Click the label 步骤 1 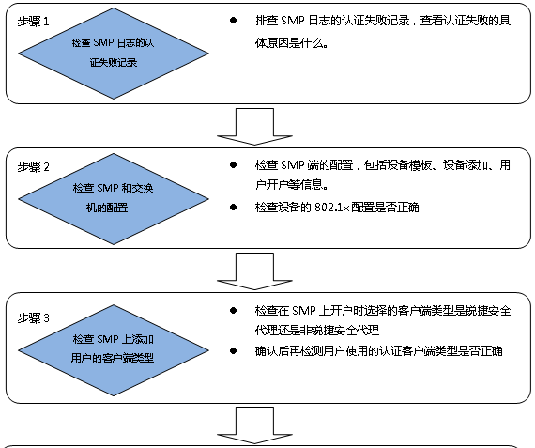coord(33,22)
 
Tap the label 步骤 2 coord(33,167)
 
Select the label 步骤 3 coord(33,318)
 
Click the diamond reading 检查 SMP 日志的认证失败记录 coord(114,54)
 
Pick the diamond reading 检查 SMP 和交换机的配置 coord(114,199)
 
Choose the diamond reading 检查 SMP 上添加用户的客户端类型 coord(114,350)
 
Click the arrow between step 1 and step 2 coord(254,127)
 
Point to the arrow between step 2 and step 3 coord(254,271)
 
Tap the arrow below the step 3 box coord(254,425)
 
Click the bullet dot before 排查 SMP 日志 coord(234,21)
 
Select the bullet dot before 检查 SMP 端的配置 coord(234,165)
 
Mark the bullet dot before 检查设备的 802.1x coord(234,208)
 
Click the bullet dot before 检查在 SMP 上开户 coord(234,310)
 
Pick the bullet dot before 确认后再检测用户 coord(234,351)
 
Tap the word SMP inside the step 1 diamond coord(103,42)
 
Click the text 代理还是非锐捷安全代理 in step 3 coord(317,331)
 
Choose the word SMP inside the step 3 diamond coord(108,339)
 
